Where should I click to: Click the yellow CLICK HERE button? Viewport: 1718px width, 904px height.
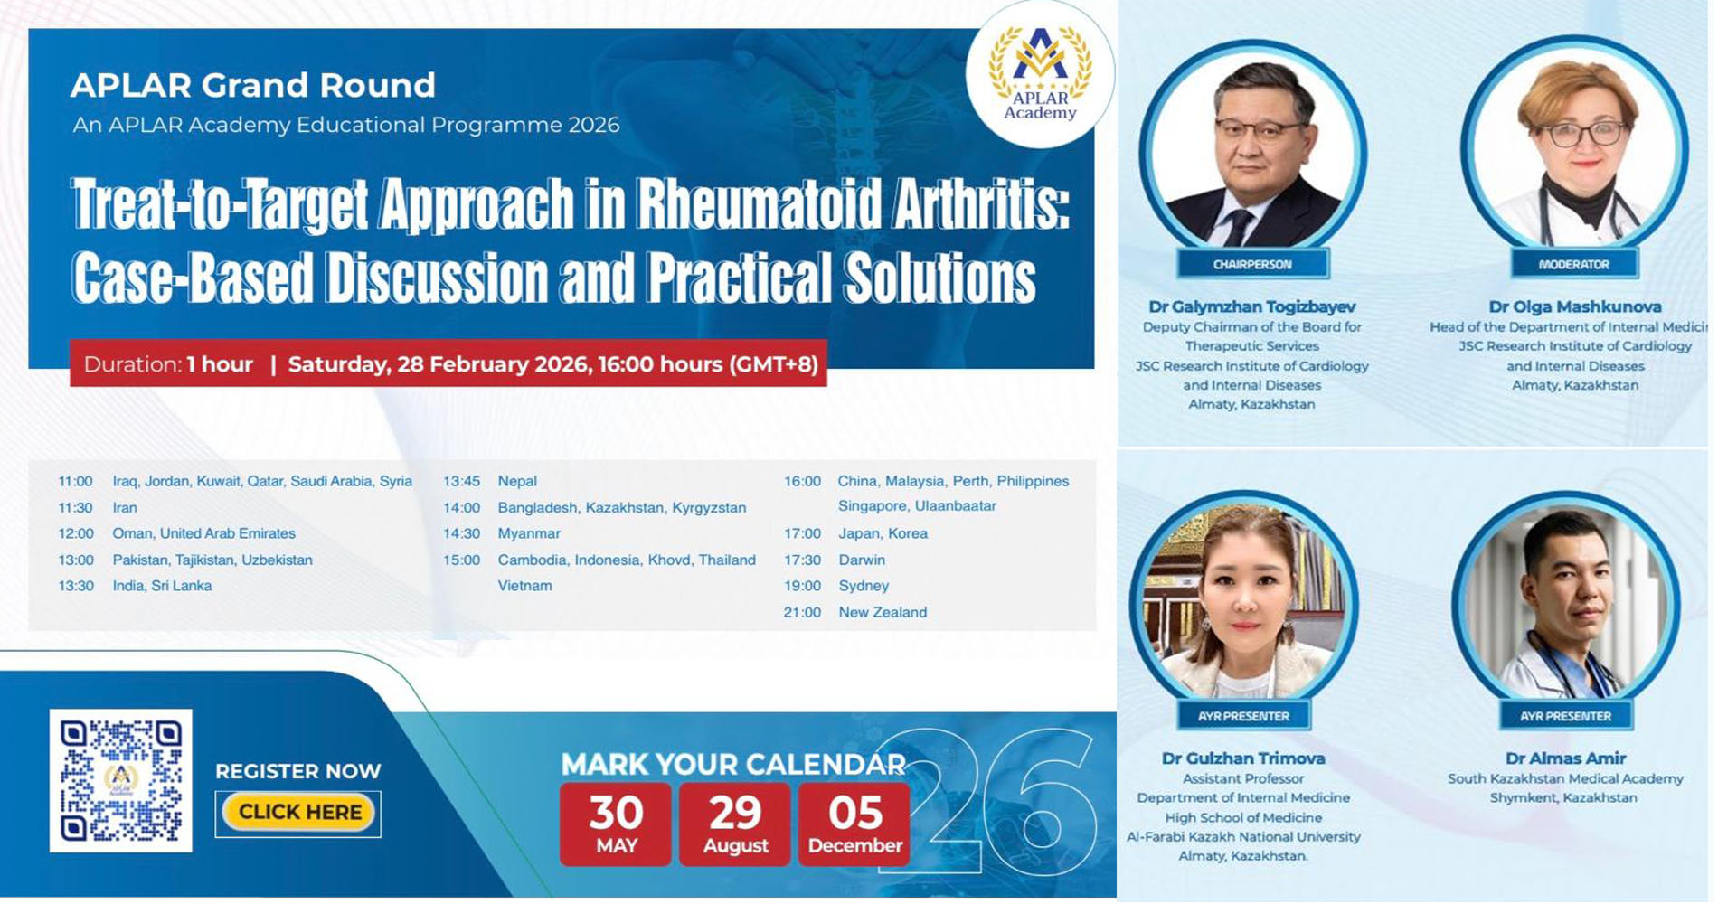point(298,812)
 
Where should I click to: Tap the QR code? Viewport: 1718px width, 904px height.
point(121,780)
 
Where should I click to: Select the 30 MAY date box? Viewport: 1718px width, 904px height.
point(616,824)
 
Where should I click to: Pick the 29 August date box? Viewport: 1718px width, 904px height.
point(735,824)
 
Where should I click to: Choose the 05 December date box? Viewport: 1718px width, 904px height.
point(854,824)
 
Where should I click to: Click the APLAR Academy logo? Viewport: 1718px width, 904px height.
point(1040,74)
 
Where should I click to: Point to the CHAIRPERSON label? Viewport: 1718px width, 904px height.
point(1252,264)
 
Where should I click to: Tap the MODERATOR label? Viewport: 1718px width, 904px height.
point(1574,264)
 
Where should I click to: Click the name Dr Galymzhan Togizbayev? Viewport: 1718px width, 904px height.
point(1252,306)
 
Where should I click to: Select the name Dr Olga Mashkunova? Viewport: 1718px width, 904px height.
point(1575,306)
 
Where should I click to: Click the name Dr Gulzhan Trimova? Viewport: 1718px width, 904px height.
point(1243,758)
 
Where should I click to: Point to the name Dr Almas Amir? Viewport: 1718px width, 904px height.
point(1566,758)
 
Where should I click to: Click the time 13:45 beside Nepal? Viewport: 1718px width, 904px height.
point(461,481)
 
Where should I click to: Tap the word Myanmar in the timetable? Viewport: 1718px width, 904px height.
point(529,533)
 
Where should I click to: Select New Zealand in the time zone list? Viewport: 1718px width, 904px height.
point(883,612)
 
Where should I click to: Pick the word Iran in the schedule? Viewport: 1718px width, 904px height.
point(125,507)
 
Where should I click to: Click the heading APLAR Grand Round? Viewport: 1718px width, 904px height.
point(253,85)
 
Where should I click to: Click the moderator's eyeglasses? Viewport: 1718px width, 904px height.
point(1587,134)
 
